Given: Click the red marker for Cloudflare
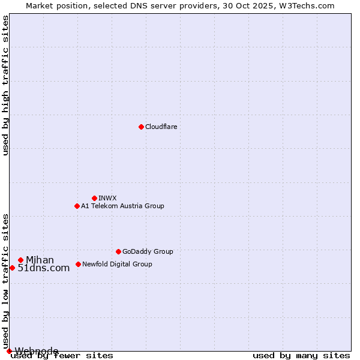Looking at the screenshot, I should [141, 127].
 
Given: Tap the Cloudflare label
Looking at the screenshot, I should [161, 127].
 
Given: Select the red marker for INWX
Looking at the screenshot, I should [94, 198].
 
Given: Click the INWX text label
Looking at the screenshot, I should [107, 199].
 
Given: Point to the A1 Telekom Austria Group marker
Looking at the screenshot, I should [77, 206].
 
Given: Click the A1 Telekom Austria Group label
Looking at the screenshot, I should [122, 206].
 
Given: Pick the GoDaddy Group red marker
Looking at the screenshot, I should [118, 251].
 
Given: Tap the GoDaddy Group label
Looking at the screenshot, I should [148, 252].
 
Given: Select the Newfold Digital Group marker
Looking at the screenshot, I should [78, 264].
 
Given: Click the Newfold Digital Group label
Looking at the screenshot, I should [117, 265].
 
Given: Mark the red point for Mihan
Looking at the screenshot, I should [20, 260].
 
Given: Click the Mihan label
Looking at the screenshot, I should [40, 260].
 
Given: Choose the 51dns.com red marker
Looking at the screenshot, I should [12, 268].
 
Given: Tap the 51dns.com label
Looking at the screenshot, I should [44, 268].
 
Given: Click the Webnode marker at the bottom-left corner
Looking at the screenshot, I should [9, 351].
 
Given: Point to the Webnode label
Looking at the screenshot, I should [37, 351].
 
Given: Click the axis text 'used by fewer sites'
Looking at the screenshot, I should [62, 356].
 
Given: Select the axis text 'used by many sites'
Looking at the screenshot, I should [301, 356].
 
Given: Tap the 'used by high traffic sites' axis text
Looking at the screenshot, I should [6, 85].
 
